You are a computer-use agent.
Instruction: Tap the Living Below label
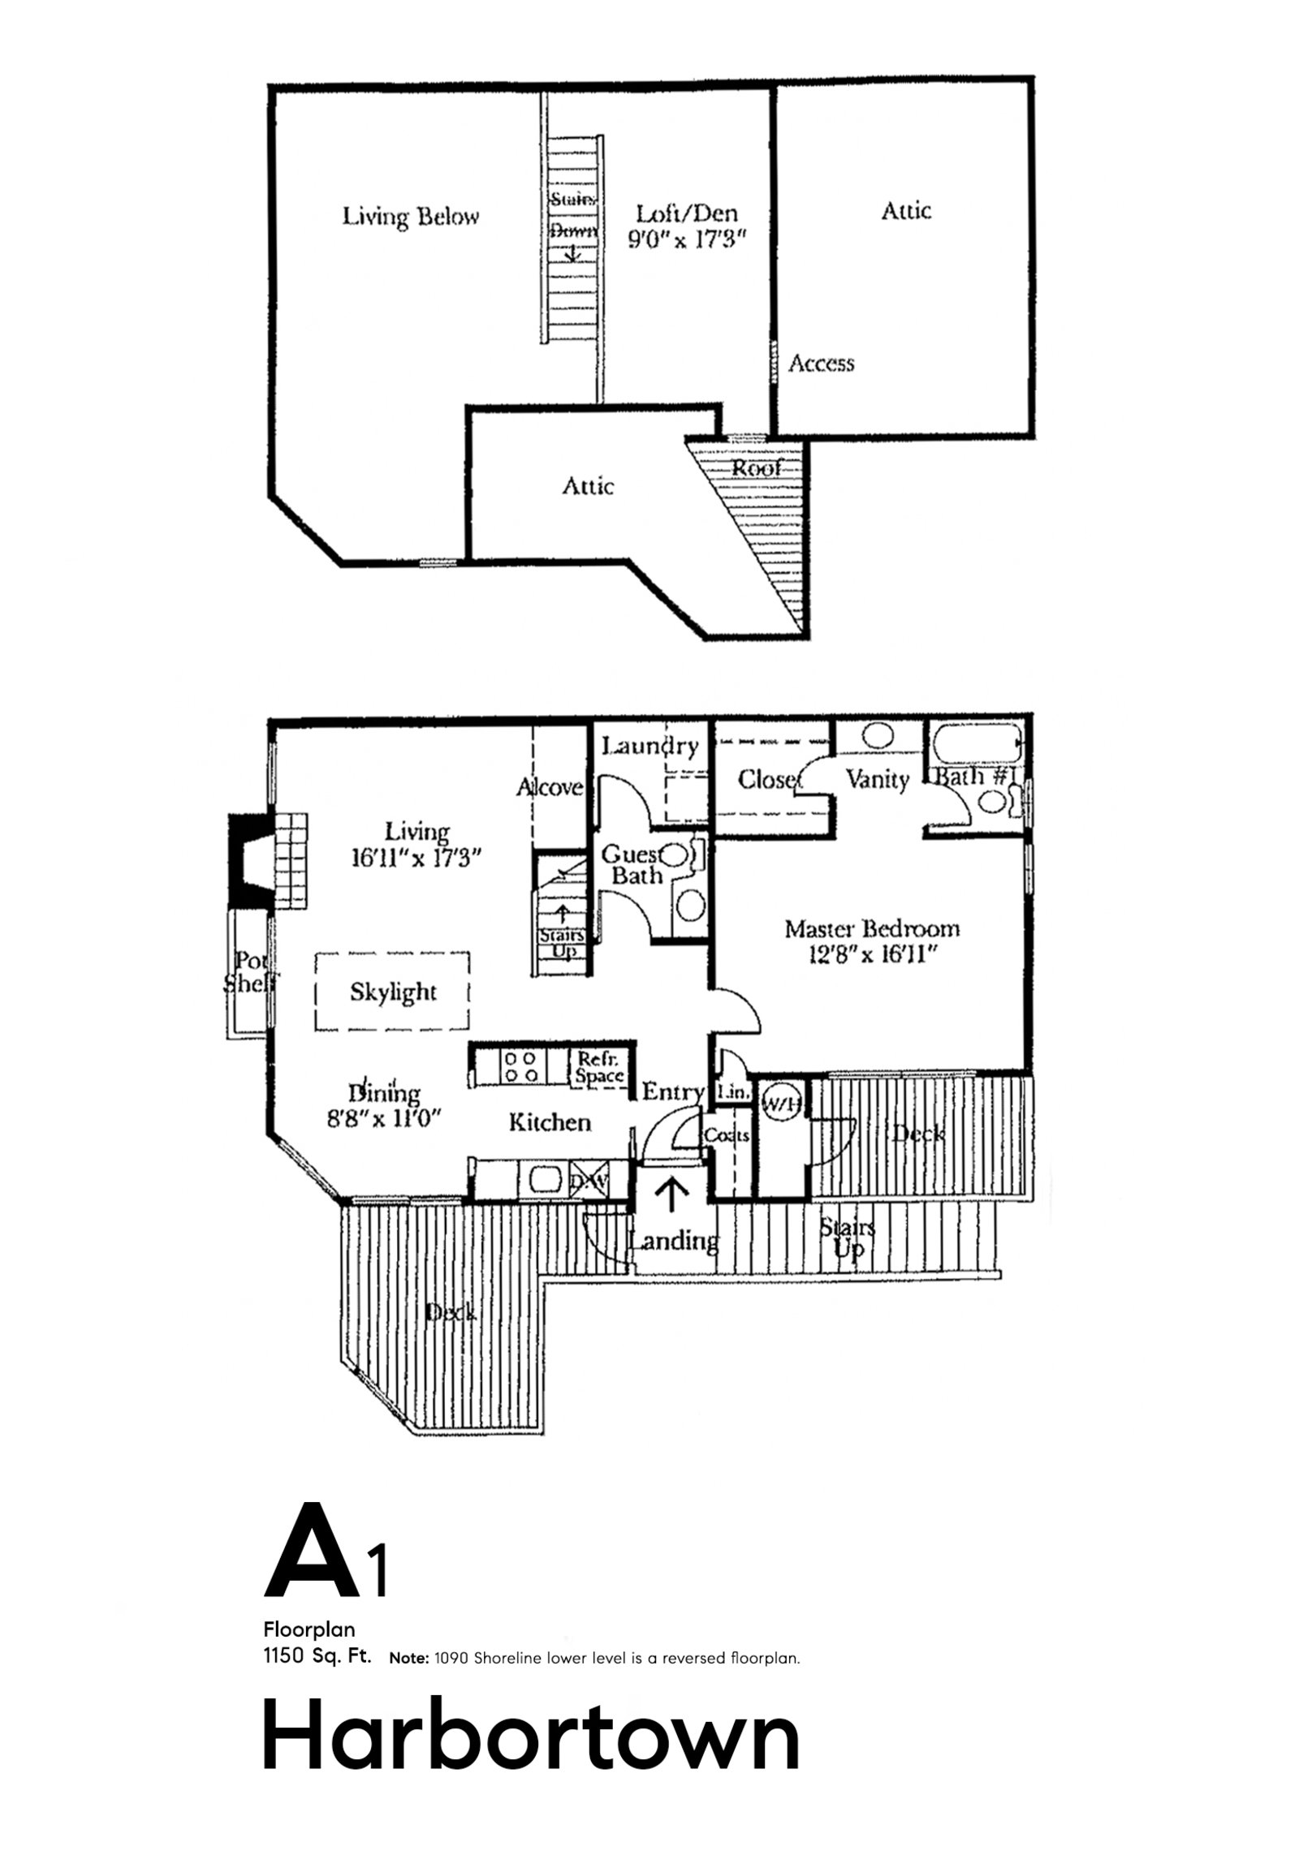click(410, 217)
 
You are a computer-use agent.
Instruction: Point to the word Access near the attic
click(822, 363)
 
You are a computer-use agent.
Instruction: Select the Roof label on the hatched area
click(756, 468)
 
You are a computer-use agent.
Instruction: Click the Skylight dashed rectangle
click(393, 992)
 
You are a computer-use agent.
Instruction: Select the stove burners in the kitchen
click(520, 1066)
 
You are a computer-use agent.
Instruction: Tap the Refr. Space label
click(599, 1066)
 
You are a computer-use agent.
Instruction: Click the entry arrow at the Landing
click(672, 1195)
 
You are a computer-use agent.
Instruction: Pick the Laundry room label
click(650, 746)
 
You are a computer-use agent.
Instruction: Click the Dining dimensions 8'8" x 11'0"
click(383, 1119)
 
